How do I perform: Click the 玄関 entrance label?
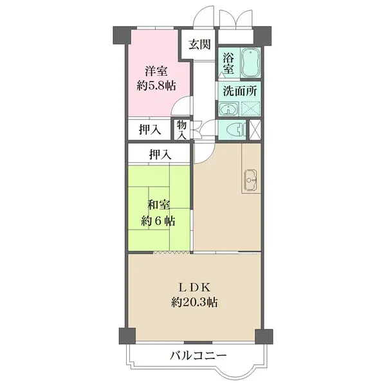(199, 44)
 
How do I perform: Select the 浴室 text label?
(228, 63)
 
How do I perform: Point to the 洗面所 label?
(240, 91)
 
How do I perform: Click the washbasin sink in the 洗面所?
(228, 109)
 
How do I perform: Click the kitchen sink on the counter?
(251, 180)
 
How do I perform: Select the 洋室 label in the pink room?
(156, 71)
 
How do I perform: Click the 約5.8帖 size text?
(156, 86)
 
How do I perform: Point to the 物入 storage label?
(181, 130)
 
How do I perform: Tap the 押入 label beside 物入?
(150, 129)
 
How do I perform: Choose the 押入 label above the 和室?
(160, 154)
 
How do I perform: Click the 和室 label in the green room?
(158, 205)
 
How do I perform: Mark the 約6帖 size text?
(158, 221)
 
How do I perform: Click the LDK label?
(194, 288)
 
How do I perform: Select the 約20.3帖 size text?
(194, 302)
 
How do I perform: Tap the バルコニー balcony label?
(198, 356)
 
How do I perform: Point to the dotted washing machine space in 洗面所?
(250, 108)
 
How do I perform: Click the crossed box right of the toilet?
(255, 129)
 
